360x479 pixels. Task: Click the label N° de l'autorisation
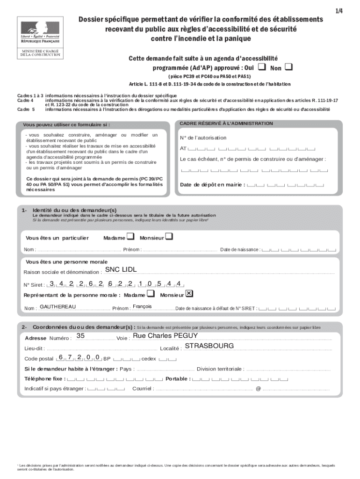(x=203, y=138)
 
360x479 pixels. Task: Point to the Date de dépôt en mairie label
(x=213, y=185)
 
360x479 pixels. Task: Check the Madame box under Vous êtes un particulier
(x=130, y=237)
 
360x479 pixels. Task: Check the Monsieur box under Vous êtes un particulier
(x=169, y=237)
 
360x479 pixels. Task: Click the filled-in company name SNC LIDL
(x=121, y=270)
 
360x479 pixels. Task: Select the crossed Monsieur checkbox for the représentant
(x=189, y=294)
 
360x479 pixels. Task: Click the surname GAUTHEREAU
(x=58, y=307)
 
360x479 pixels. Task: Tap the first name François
(x=142, y=306)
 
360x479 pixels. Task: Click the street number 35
(x=80, y=336)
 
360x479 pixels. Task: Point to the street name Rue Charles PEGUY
(x=166, y=336)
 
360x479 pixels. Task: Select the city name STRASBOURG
(x=209, y=346)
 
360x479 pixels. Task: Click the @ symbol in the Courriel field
(x=258, y=389)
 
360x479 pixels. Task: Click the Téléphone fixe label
(x=45, y=379)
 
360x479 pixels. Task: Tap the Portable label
(x=178, y=379)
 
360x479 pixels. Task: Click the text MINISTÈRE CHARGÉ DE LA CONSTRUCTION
(x=40, y=53)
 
